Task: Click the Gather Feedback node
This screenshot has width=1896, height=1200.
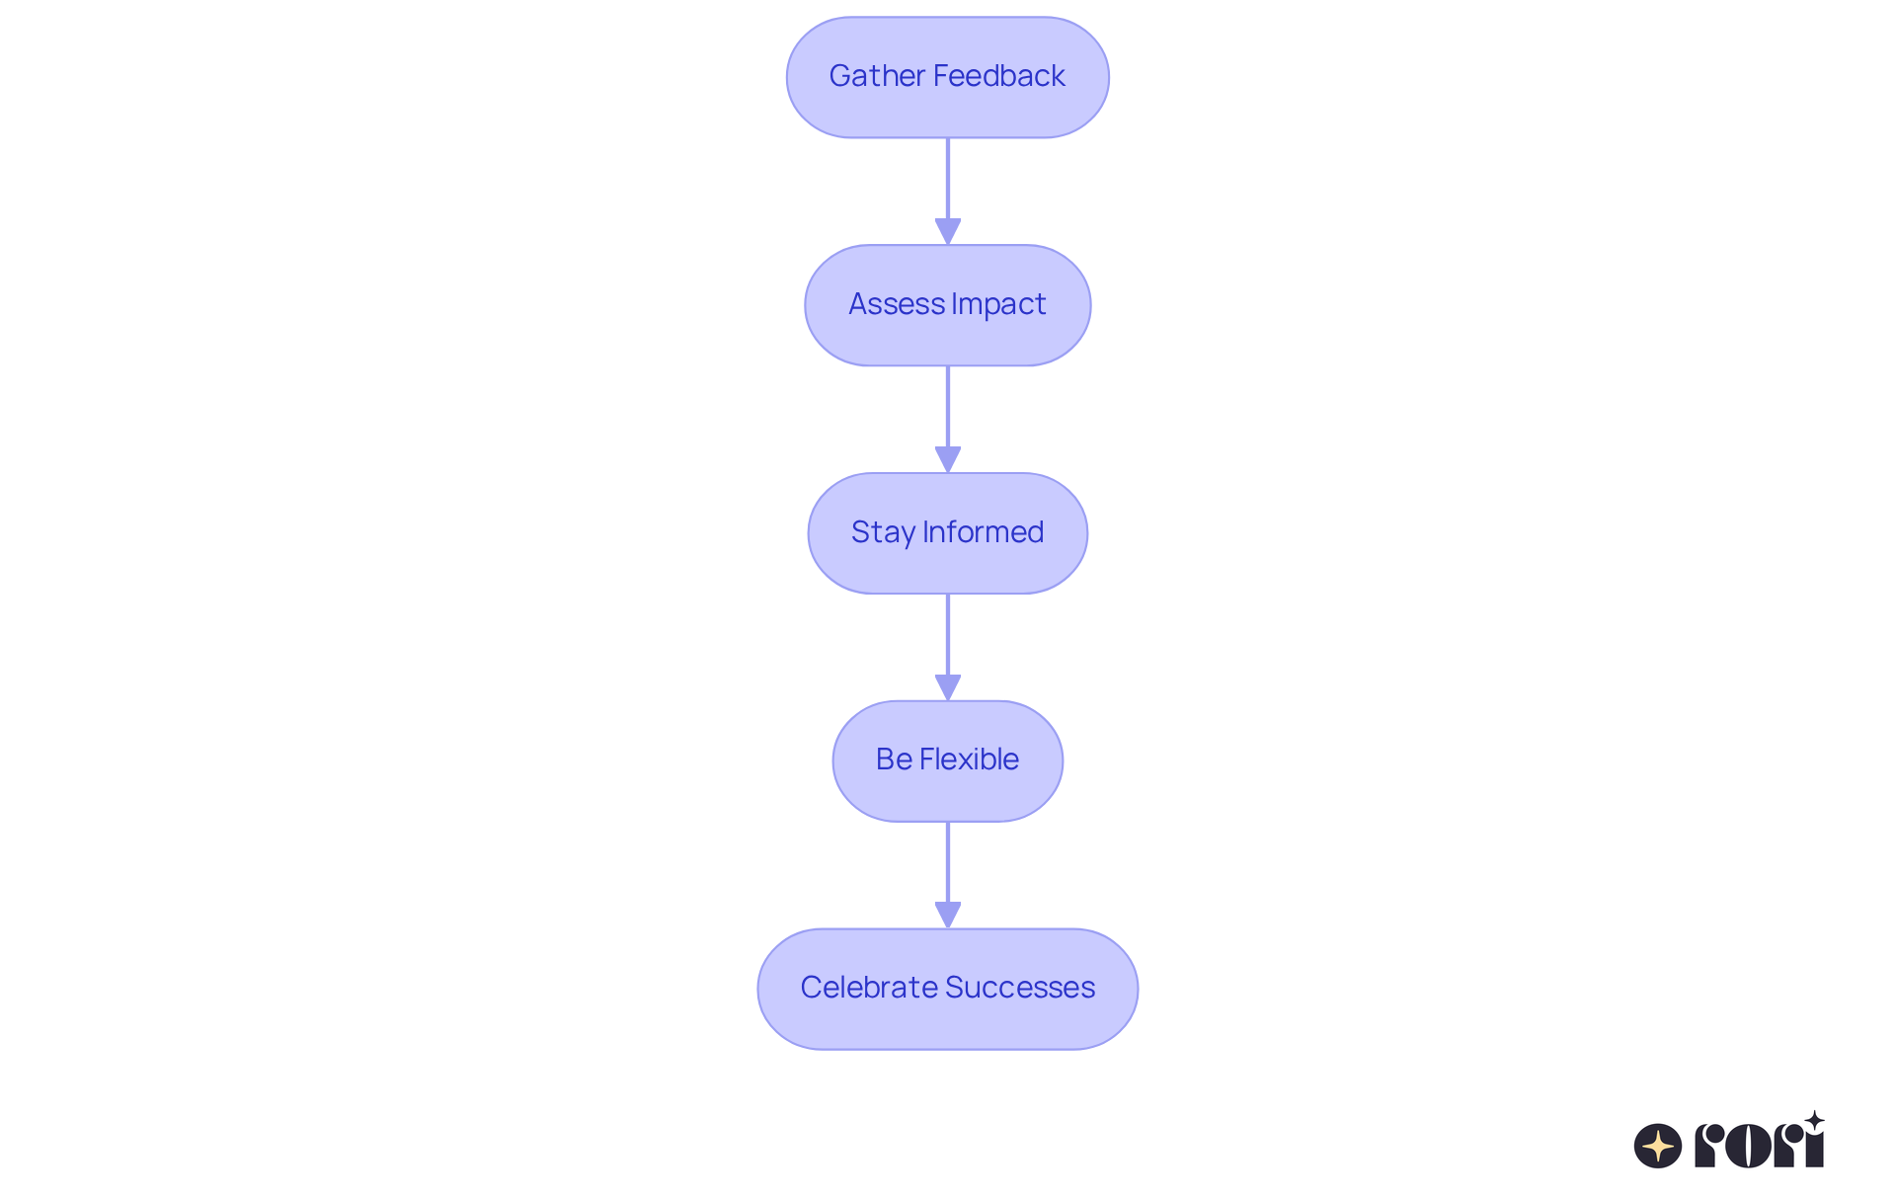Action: click(x=947, y=77)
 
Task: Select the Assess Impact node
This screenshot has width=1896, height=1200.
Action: click(x=947, y=305)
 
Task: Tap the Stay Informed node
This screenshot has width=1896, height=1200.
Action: click(x=947, y=533)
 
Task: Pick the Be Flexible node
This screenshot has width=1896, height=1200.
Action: click(x=947, y=760)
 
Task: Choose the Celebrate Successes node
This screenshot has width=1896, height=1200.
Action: click(x=947, y=989)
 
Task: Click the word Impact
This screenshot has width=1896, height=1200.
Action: click(x=998, y=304)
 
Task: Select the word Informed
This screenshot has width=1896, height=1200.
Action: click(x=983, y=532)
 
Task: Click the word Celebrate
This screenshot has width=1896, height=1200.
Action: click(x=868, y=988)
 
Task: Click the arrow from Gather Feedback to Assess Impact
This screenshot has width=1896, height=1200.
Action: click(x=948, y=183)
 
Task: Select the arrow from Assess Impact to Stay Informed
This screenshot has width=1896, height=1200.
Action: click(x=948, y=410)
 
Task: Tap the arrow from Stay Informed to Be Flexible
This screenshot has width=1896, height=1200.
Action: click(x=948, y=638)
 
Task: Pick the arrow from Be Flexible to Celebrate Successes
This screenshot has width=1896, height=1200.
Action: click(x=948, y=865)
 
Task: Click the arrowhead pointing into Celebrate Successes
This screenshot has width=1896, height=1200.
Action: click(x=948, y=915)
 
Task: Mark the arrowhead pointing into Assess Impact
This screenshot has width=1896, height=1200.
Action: click(x=948, y=231)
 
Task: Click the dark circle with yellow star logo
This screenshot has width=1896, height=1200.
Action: click(x=1658, y=1146)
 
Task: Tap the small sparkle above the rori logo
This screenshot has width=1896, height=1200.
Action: click(x=1814, y=1121)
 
